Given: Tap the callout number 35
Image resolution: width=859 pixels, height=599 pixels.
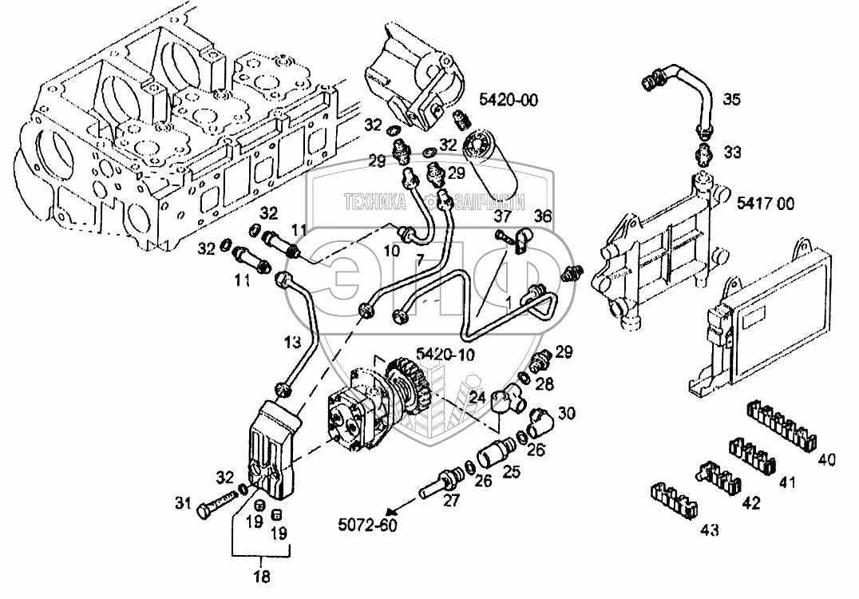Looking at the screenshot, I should [x=731, y=100].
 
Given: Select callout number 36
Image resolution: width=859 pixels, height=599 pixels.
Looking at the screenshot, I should [x=542, y=215].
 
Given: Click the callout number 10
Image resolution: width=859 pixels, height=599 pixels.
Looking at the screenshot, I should [x=393, y=251].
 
